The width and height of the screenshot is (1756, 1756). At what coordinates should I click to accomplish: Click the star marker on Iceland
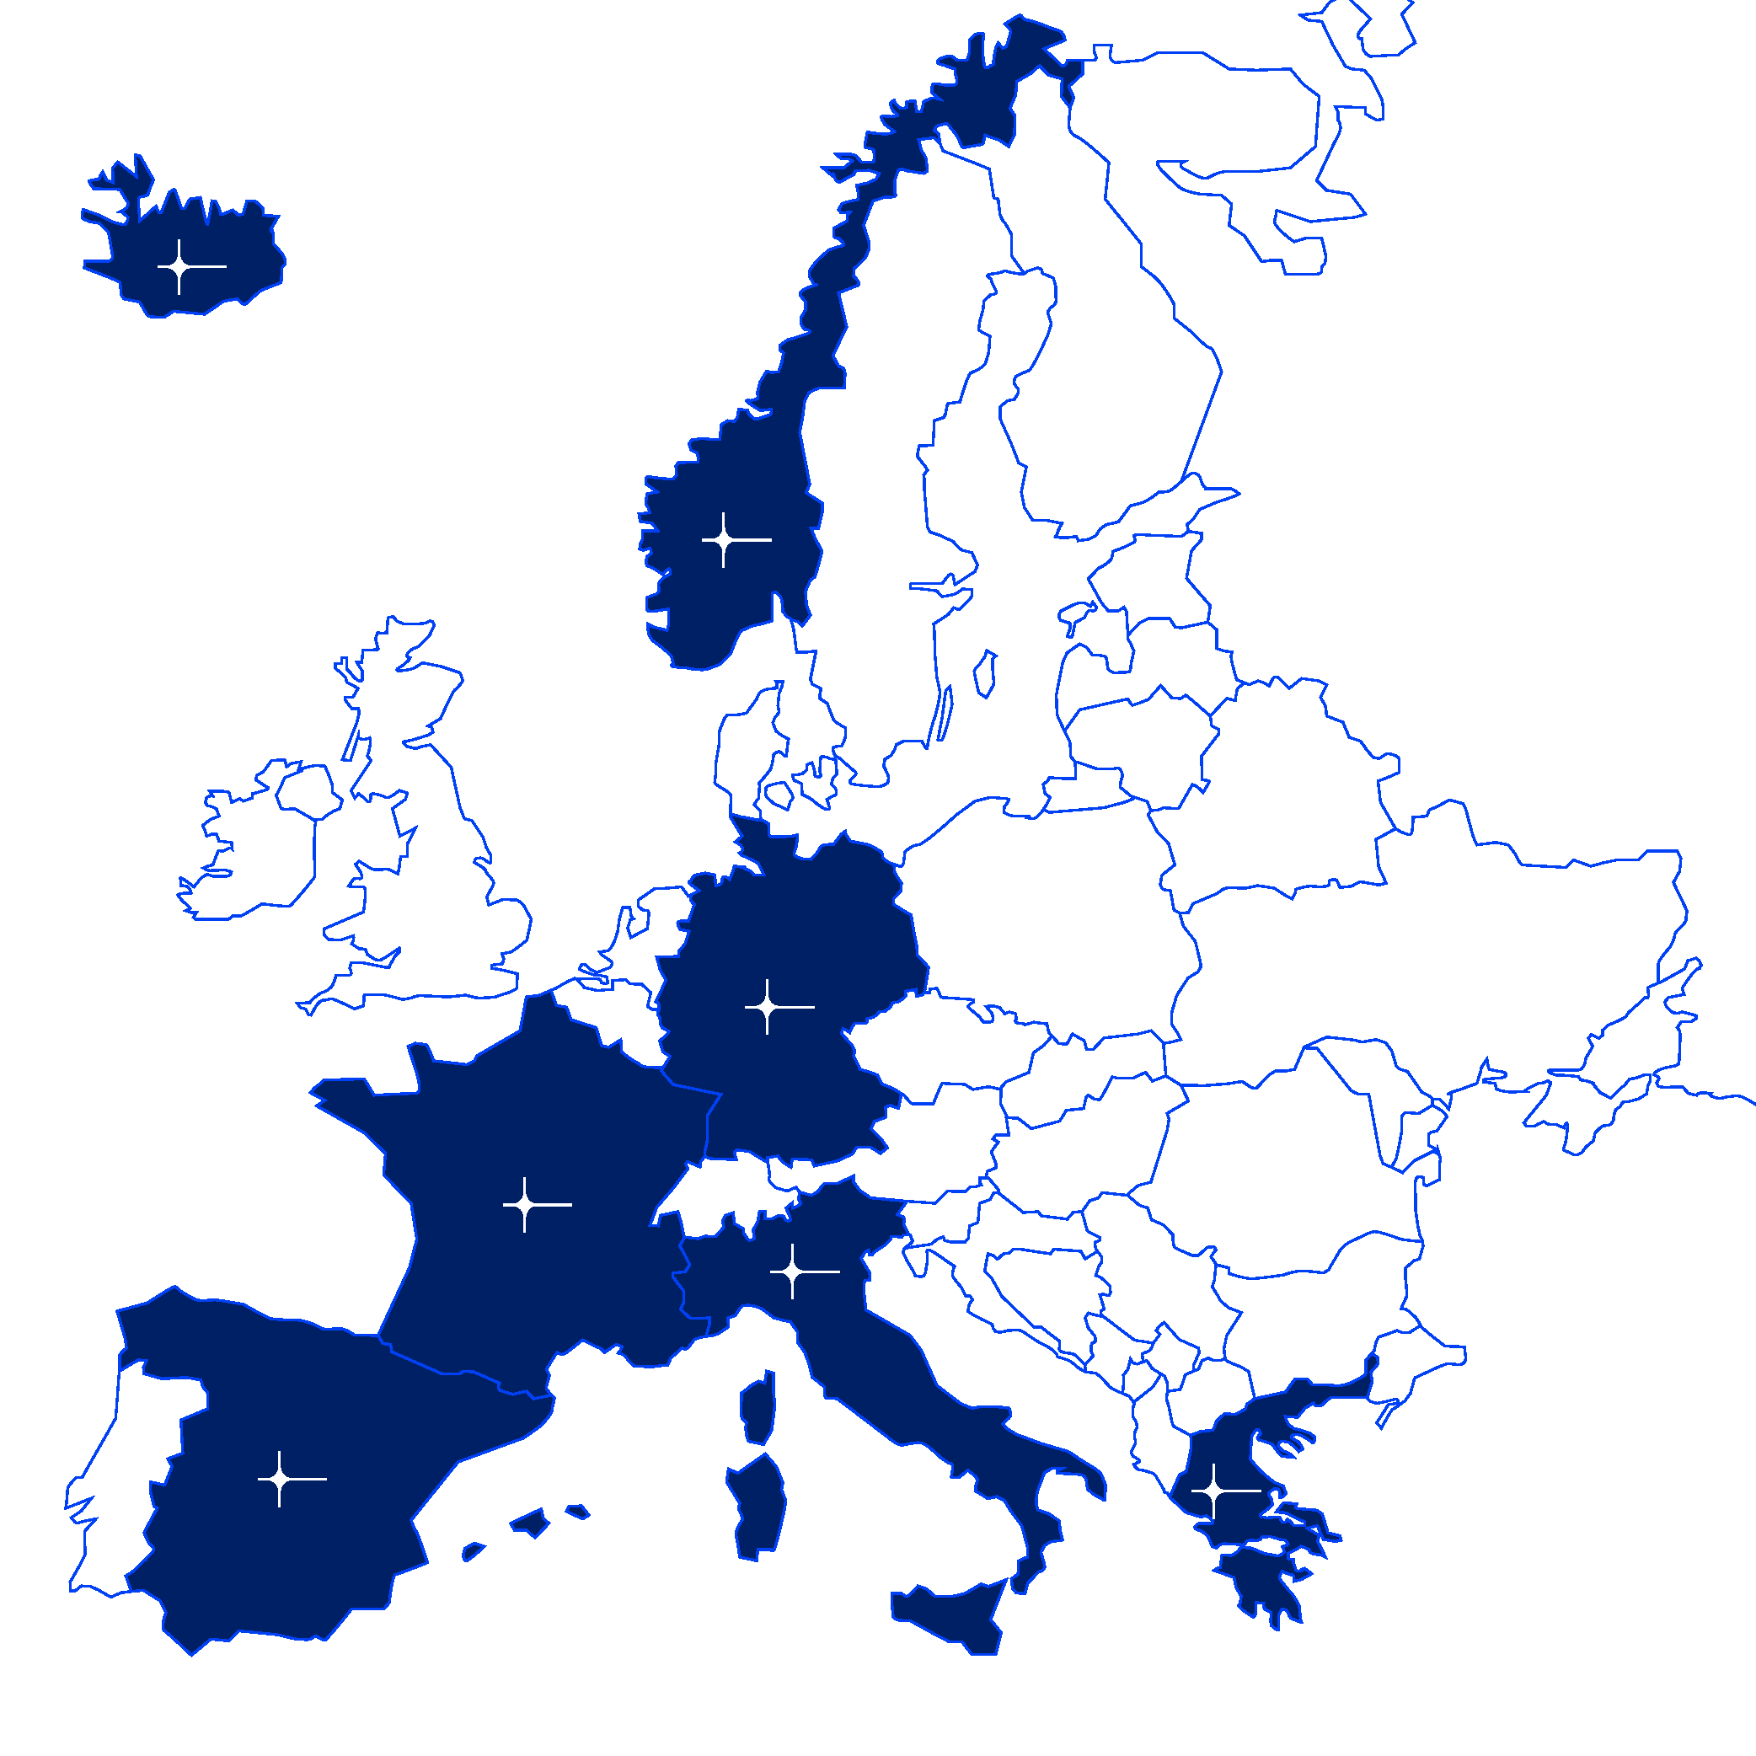pos(179,267)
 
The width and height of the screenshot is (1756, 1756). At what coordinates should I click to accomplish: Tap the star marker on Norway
pos(724,540)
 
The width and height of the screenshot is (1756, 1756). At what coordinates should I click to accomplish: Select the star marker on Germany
pos(767,1007)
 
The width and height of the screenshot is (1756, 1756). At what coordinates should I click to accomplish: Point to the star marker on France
pos(524,1205)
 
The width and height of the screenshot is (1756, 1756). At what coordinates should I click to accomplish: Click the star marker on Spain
pos(279,1480)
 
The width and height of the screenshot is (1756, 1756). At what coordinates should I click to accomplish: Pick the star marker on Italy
pos(793,1271)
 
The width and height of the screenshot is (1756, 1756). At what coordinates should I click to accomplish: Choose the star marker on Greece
pos(1213,1491)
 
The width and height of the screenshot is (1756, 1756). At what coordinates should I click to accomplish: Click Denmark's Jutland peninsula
pos(741,754)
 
